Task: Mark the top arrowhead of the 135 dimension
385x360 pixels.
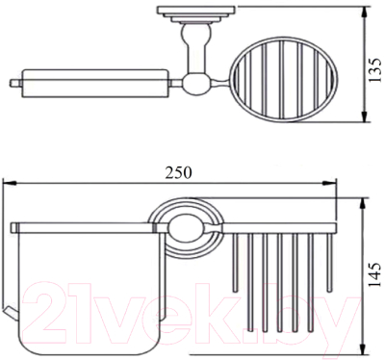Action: [x=362, y=13]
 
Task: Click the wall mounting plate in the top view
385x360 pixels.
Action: [x=182, y=13]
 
